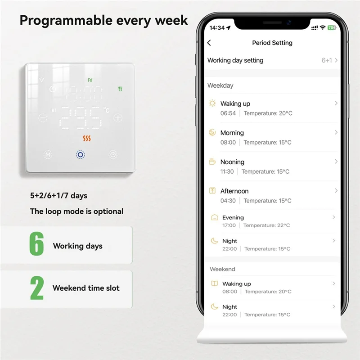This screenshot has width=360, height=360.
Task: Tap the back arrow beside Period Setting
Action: [209, 43]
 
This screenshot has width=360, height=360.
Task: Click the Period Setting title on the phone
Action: [272, 43]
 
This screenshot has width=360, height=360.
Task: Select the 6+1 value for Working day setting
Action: [326, 60]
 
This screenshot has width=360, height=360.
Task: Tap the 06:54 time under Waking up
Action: [228, 113]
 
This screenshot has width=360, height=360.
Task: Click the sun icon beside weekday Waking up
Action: [212, 103]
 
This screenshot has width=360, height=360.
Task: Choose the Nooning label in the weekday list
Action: [232, 162]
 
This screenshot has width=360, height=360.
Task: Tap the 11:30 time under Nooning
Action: [227, 171]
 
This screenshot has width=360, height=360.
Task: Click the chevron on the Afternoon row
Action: [336, 191]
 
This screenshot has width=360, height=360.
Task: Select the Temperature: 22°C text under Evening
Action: [266, 225]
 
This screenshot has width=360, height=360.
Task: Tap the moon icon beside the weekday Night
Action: [215, 241]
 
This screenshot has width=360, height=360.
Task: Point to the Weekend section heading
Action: [222, 269]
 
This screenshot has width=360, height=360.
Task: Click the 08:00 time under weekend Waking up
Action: [229, 292]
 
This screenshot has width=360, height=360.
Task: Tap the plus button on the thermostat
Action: [118, 118]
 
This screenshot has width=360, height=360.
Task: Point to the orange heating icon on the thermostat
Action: [87, 138]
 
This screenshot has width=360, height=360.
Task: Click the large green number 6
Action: [36, 245]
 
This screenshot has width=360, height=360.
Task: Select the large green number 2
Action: [37, 288]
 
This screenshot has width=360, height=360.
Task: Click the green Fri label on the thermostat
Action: [90, 80]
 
